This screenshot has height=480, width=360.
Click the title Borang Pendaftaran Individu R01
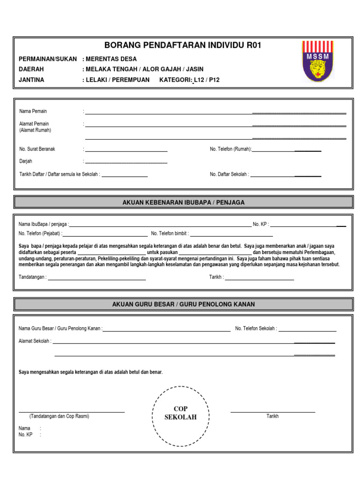click(182, 45)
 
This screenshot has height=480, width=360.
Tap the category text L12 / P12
click(207, 80)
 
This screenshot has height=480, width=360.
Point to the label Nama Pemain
click(33, 112)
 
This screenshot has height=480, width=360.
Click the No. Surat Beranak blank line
click(126, 151)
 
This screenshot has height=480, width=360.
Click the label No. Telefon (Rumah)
click(230, 149)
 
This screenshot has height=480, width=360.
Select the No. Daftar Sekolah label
click(229, 174)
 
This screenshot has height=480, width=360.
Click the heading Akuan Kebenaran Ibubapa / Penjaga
click(183, 202)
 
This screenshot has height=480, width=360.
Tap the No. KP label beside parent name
click(260, 225)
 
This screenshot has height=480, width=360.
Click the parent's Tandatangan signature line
click(97, 279)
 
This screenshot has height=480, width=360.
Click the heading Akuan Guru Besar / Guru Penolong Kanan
click(183, 304)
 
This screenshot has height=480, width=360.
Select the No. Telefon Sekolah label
click(255, 329)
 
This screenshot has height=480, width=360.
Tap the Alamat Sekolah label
click(35, 341)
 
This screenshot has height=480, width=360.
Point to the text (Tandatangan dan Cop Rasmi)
click(59, 416)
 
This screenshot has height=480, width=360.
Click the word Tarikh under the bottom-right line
click(272, 416)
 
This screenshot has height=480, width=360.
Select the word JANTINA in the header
click(31, 80)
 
